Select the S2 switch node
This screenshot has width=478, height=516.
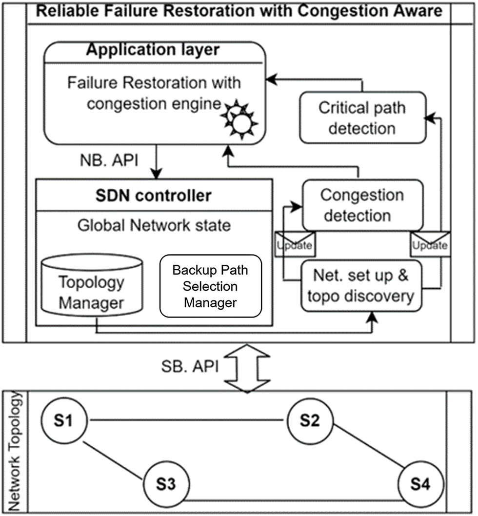pyautogui.click(x=310, y=420)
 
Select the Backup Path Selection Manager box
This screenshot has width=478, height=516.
pyautogui.click(x=211, y=286)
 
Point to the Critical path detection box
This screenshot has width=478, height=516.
pyautogui.click(x=362, y=118)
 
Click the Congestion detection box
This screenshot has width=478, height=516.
pyautogui.click(x=362, y=205)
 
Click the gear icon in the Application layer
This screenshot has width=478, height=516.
pyautogui.click(x=239, y=119)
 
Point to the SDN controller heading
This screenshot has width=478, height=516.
pyautogui.click(x=154, y=196)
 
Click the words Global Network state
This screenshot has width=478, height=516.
pyautogui.click(x=154, y=226)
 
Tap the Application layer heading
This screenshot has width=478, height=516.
pyautogui.click(x=153, y=49)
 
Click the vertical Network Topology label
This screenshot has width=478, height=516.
pyautogui.click(x=15, y=451)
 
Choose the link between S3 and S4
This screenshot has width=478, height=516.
pyautogui.click(x=293, y=499)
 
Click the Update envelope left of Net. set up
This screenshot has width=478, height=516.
pyautogui.click(x=295, y=243)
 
